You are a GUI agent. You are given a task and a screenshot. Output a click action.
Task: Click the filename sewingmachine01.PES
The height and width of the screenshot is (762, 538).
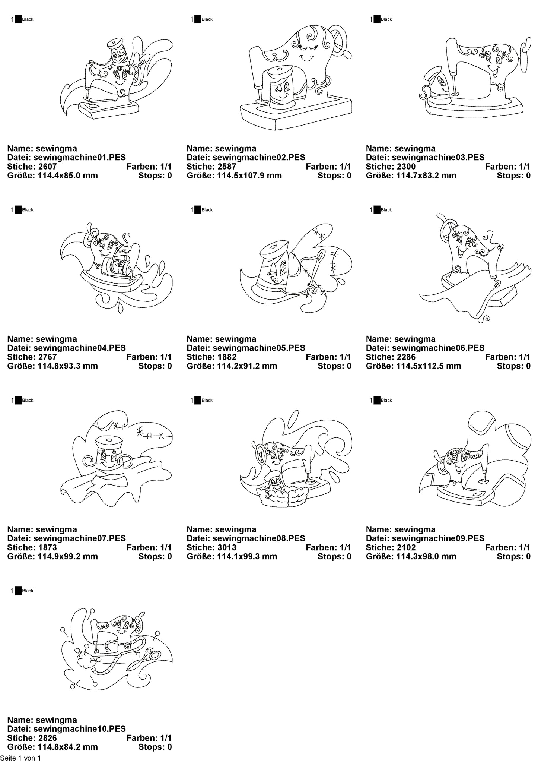tap(79, 157)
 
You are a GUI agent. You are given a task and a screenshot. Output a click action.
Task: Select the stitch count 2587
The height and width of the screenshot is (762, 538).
tap(227, 166)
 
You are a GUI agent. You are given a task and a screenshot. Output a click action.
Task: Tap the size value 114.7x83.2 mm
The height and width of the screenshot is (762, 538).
tap(433, 175)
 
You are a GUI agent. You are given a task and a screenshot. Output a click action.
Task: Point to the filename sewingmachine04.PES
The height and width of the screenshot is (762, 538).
tap(79, 348)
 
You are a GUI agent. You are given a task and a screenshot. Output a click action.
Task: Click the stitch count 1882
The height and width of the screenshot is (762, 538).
tap(227, 357)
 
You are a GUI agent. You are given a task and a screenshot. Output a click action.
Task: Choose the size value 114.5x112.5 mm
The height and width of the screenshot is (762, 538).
tap(435, 366)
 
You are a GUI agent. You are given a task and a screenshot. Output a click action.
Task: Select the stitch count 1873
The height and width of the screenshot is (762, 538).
tap(47, 547)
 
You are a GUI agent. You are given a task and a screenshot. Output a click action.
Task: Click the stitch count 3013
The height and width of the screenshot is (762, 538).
tap(227, 547)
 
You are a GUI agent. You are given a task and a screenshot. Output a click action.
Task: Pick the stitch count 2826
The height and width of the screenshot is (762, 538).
tap(47, 738)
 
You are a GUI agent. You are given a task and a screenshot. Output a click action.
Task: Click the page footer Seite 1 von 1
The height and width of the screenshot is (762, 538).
tap(20, 758)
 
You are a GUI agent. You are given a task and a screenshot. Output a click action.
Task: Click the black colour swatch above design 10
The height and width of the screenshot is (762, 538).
tap(18, 591)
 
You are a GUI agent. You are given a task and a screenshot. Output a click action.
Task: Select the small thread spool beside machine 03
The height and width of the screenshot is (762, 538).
tap(437, 86)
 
